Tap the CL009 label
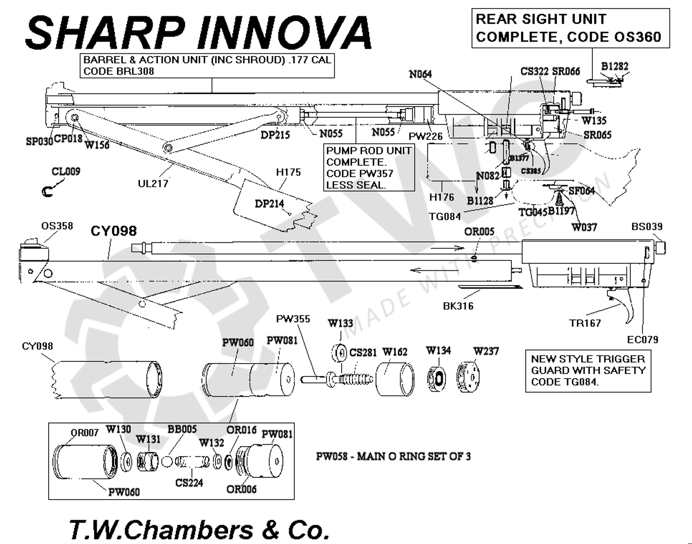65,172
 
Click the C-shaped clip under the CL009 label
48,191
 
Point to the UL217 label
152,184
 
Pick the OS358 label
57,225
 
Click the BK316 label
457,306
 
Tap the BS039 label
647,226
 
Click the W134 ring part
438,377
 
